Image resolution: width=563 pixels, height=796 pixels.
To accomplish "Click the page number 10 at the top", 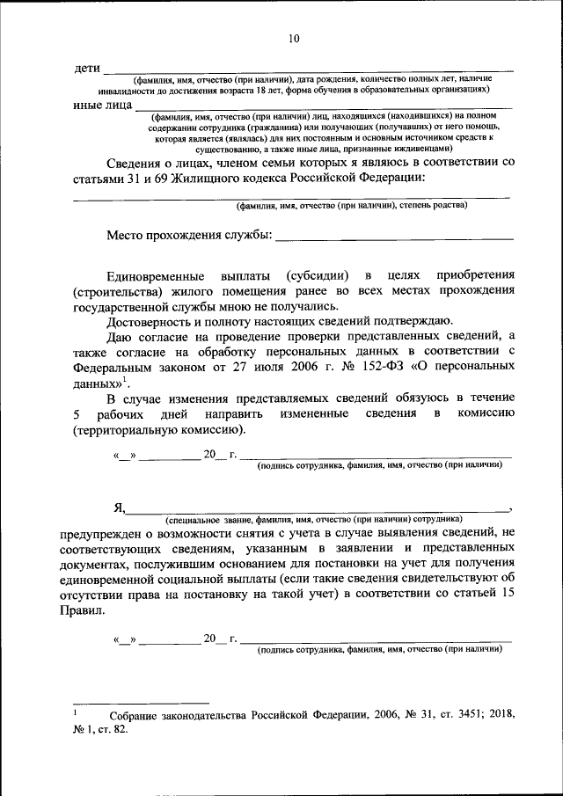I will (293, 38).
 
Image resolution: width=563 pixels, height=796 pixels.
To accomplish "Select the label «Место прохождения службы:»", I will (189, 235).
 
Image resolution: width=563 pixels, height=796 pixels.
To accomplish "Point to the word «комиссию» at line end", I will (480, 413).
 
